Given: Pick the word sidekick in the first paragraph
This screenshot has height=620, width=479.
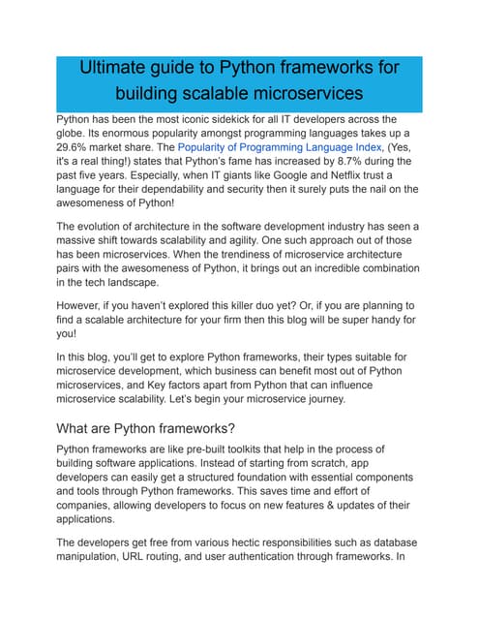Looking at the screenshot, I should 257,125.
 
